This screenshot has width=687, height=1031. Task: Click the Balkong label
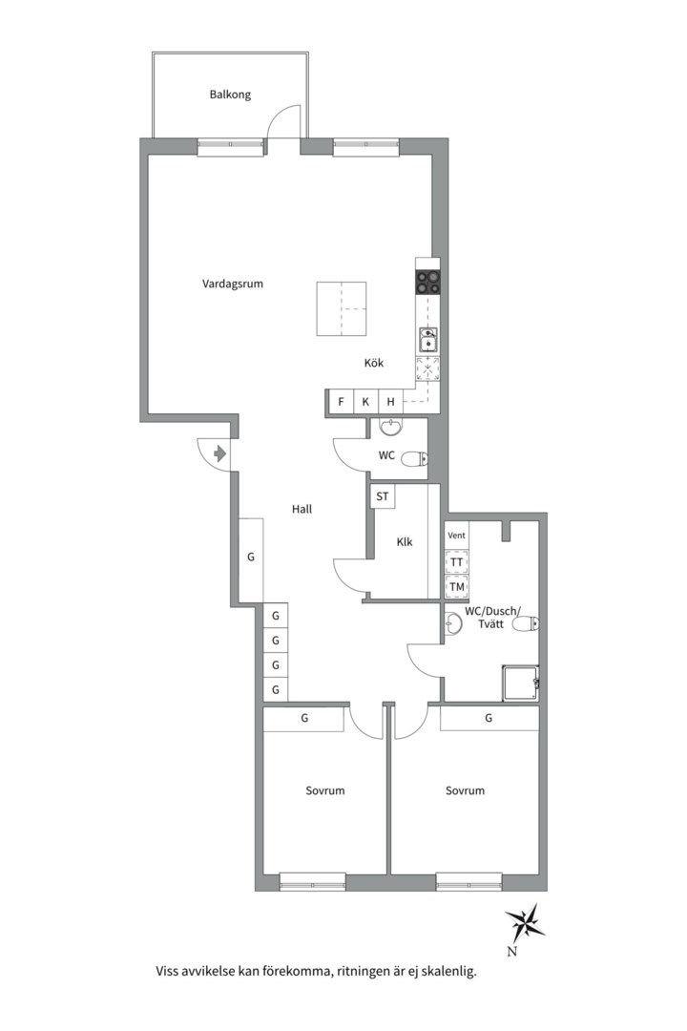[x=230, y=95]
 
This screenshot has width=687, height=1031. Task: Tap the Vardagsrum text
[x=233, y=284]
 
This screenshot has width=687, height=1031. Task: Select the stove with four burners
[x=428, y=283]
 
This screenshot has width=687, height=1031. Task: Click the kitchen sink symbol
[x=428, y=341]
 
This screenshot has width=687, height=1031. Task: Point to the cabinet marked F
[x=341, y=402]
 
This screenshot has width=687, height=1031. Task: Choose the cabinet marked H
[x=390, y=402]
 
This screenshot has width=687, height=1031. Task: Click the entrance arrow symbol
[x=220, y=453]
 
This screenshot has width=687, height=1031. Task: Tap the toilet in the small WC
[x=415, y=458]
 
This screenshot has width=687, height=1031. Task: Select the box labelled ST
[x=383, y=496]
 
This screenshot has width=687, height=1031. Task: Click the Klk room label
[x=405, y=542]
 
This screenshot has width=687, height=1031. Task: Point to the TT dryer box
[x=456, y=562]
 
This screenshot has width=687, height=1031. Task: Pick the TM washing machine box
[x=456, y=586]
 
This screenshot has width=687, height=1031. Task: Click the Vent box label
[x=456, y=536]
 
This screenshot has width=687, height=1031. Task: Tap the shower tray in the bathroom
[x=520, y=684]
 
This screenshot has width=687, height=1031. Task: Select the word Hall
[x=302, y=509]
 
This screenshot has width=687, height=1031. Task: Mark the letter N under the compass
[x=511, y=951]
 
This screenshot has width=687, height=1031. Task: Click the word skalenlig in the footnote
[x=449, y=971]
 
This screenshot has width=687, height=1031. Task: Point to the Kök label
[x=374, y=363]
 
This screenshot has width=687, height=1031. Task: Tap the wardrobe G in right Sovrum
[x=489, y=718]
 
